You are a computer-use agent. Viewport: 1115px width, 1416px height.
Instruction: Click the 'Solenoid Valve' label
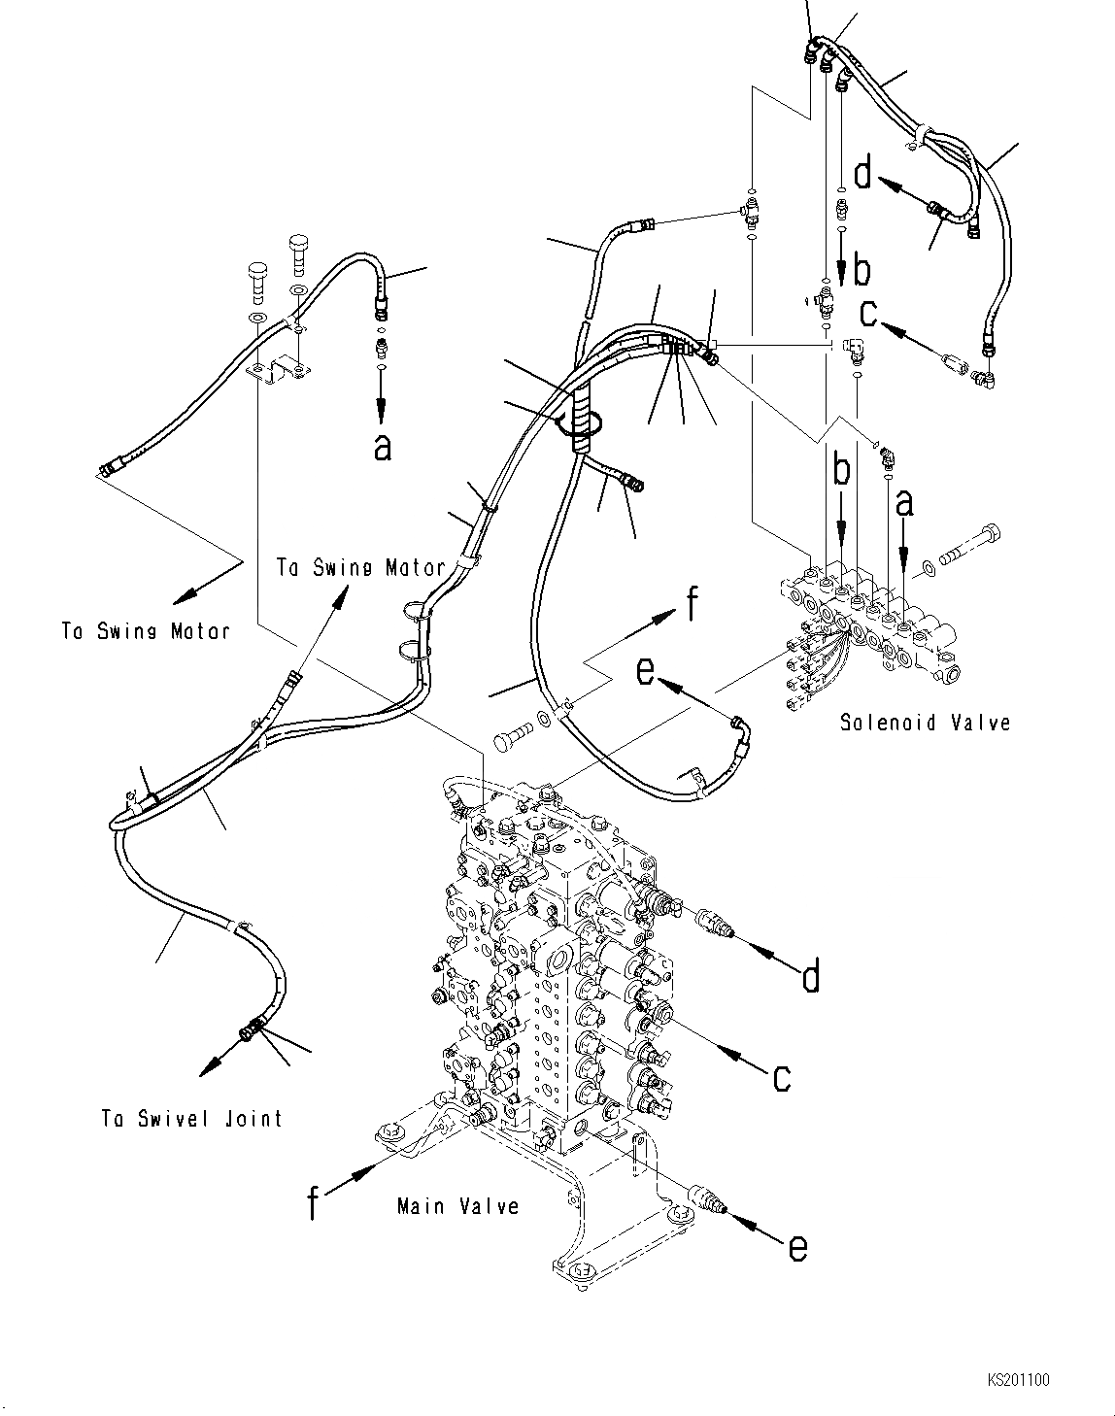tap(925, 723)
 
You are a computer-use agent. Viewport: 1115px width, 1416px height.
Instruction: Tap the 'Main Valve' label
tap(457, 1205)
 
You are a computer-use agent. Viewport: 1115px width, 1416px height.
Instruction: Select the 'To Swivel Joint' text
tap(191, 1119)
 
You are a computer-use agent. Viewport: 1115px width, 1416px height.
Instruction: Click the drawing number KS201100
tap(1019, 1379)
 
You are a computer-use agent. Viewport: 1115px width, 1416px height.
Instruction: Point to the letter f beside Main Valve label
tap(313, 1203)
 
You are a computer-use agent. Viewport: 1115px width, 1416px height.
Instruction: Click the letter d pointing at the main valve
tap(809, 975)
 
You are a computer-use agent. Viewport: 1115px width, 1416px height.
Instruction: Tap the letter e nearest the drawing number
tap(795, 1246)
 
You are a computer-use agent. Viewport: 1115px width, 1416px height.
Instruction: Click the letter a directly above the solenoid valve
tap(905, 503)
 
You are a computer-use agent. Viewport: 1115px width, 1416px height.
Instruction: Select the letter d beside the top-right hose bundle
tap(863, 175)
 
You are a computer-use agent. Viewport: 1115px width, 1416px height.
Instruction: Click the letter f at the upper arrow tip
tap(691, 606)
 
